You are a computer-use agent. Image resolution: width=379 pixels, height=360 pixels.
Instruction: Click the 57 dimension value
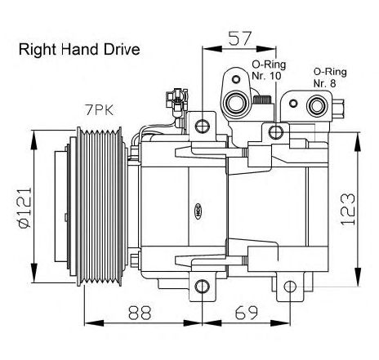coord(239,38)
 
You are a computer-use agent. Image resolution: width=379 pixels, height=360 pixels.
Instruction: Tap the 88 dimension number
coord(140,313)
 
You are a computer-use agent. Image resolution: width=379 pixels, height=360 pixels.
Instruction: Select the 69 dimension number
coord(246,313)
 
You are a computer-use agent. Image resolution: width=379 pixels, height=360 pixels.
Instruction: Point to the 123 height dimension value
coord(348,209)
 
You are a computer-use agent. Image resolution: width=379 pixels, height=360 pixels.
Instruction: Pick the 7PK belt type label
coord(99,110)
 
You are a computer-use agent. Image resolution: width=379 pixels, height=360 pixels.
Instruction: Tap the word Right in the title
coord(38,51)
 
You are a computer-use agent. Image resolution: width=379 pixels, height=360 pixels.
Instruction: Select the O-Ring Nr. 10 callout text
coord(269,70)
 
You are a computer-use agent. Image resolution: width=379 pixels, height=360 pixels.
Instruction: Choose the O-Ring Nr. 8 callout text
coord(330,78)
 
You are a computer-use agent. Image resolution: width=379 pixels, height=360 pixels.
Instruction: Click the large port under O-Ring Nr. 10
coord(236,104)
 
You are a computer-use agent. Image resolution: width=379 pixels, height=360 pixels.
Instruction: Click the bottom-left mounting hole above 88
coord(203,287)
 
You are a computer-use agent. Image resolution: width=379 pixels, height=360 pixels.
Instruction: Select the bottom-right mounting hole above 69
coord(290,287)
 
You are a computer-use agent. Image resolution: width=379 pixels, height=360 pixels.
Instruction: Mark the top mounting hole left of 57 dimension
coord(203,126)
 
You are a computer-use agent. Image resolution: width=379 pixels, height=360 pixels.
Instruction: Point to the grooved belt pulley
coord(100,207)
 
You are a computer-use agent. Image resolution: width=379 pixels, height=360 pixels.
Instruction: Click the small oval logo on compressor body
coord(198,211)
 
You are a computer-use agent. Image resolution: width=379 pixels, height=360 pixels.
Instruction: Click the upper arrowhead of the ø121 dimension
coord(34,140)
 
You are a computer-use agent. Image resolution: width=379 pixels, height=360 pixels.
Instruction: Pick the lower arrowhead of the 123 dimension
coord(358,277)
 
